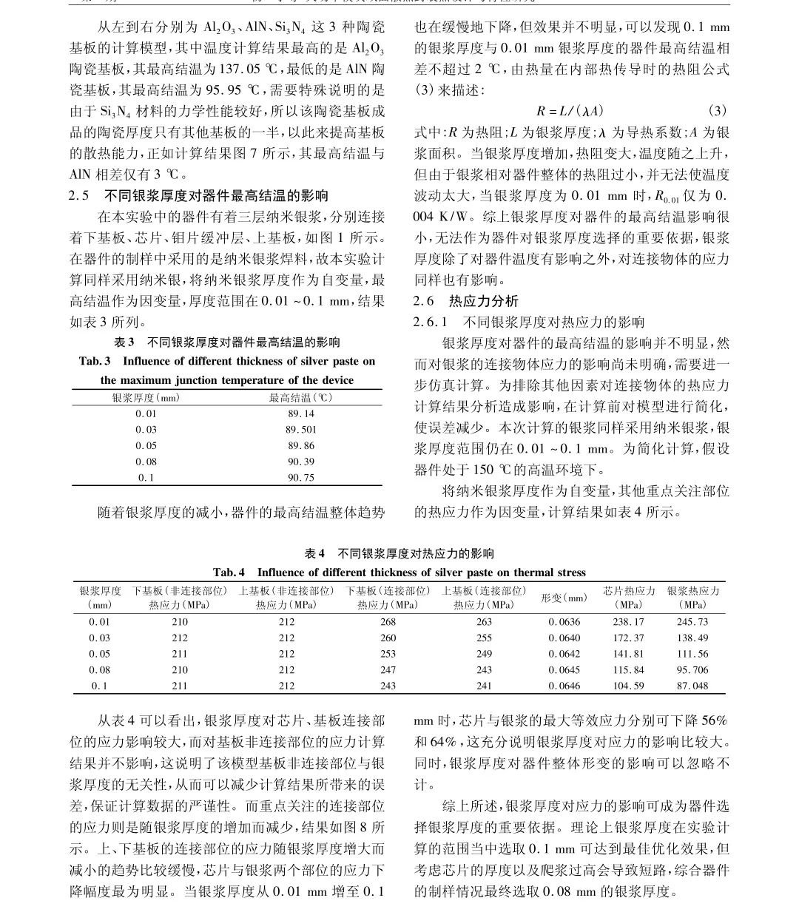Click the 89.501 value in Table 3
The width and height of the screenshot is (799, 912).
coord(300,430)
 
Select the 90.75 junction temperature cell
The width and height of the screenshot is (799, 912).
coord(300,478)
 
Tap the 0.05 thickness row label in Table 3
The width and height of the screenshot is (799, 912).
coord(146,446)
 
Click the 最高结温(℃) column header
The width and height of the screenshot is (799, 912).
coord(300,398)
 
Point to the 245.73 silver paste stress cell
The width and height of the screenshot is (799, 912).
coord(692,622)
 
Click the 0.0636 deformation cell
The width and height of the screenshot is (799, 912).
coord(564,622)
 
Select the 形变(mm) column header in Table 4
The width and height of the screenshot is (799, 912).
coord(564,598)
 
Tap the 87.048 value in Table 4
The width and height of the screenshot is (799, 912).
coord(692,686)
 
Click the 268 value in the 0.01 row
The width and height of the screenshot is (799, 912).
coord(388,622)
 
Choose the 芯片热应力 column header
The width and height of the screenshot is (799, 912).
coord(628,591)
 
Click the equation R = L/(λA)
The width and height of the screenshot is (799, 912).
coord(570,111)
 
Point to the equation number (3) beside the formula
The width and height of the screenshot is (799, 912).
coord(717,111)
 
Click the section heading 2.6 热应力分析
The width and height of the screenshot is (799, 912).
coord(466,301)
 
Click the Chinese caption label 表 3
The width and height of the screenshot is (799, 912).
coord(124,342)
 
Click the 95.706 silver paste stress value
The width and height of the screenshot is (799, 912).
coord(692,670)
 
